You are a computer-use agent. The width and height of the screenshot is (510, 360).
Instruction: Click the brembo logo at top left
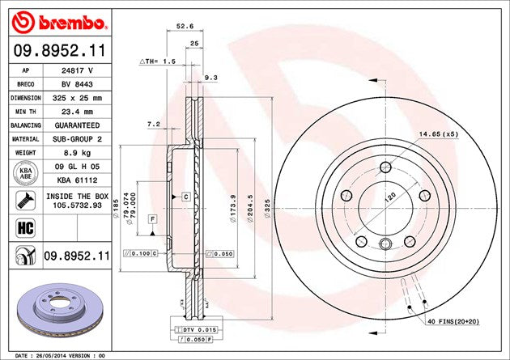[55, 19]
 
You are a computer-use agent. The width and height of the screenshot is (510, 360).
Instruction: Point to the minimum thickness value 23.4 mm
[76, 112]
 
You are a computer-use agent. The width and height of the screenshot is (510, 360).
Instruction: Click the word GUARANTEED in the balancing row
[77, 125]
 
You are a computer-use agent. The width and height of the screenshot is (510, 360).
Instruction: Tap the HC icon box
[24, 228]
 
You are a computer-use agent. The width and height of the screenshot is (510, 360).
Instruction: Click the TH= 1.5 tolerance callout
[159, 61]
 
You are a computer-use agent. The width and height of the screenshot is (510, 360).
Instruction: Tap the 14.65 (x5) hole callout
[436, 133]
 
